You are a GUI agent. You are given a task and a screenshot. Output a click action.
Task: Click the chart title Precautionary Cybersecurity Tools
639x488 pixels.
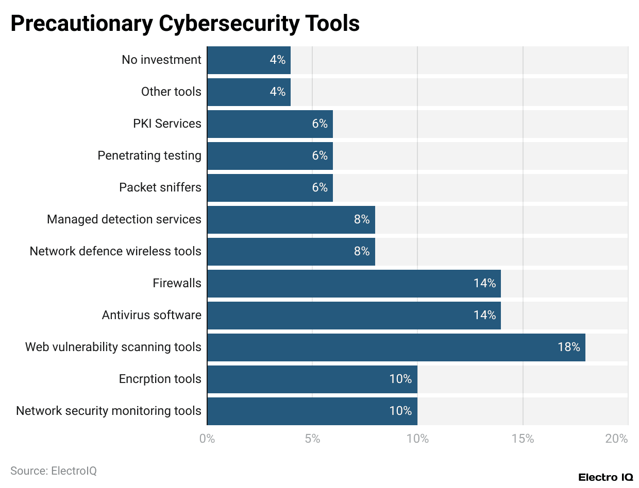(x=185, y=24)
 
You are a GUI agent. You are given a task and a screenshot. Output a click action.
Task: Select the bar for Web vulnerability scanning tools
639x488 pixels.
(x=396, y=347)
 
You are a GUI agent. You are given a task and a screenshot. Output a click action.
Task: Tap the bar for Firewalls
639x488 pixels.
(x=354, y=283)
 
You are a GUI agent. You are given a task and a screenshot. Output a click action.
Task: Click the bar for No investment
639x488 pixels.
(x=248, y=60)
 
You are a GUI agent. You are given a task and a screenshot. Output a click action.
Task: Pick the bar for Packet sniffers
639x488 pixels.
(x=270, y=187)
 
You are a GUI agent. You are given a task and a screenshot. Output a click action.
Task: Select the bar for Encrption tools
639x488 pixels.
(x=312, y=379)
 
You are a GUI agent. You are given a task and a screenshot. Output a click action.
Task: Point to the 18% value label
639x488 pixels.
(x=568, y=347)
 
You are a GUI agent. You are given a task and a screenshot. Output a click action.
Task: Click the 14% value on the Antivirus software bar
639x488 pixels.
(x=484, y=315)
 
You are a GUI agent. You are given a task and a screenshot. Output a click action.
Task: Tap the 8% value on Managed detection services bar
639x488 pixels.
(x=362, y=219)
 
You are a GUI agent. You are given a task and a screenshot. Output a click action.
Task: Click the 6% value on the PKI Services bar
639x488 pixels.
(x=320, y=124)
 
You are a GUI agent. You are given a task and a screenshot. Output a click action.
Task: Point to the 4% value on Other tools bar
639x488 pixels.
(x=277, y=92)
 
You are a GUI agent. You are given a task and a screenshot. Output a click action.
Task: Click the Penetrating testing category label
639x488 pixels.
(x=149, y=155)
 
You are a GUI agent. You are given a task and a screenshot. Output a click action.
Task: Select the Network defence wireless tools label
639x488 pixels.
(x=115, y=251)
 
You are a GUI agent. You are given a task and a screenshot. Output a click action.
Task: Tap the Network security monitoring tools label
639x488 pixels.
(x=109, y=411)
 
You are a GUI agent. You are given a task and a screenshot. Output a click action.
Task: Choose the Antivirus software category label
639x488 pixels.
(x=152, y=315)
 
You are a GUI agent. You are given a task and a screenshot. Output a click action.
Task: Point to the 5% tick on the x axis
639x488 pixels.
(x=312, y=439)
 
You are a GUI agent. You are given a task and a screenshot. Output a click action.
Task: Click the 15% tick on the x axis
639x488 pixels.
(x=523, y=439)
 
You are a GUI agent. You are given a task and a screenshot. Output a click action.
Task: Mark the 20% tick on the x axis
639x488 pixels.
(x=617, y=439)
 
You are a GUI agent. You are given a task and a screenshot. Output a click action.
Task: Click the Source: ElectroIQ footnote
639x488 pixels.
(x=54, y=470)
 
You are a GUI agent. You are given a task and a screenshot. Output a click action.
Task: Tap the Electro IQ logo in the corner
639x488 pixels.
(x=606, y=477)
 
